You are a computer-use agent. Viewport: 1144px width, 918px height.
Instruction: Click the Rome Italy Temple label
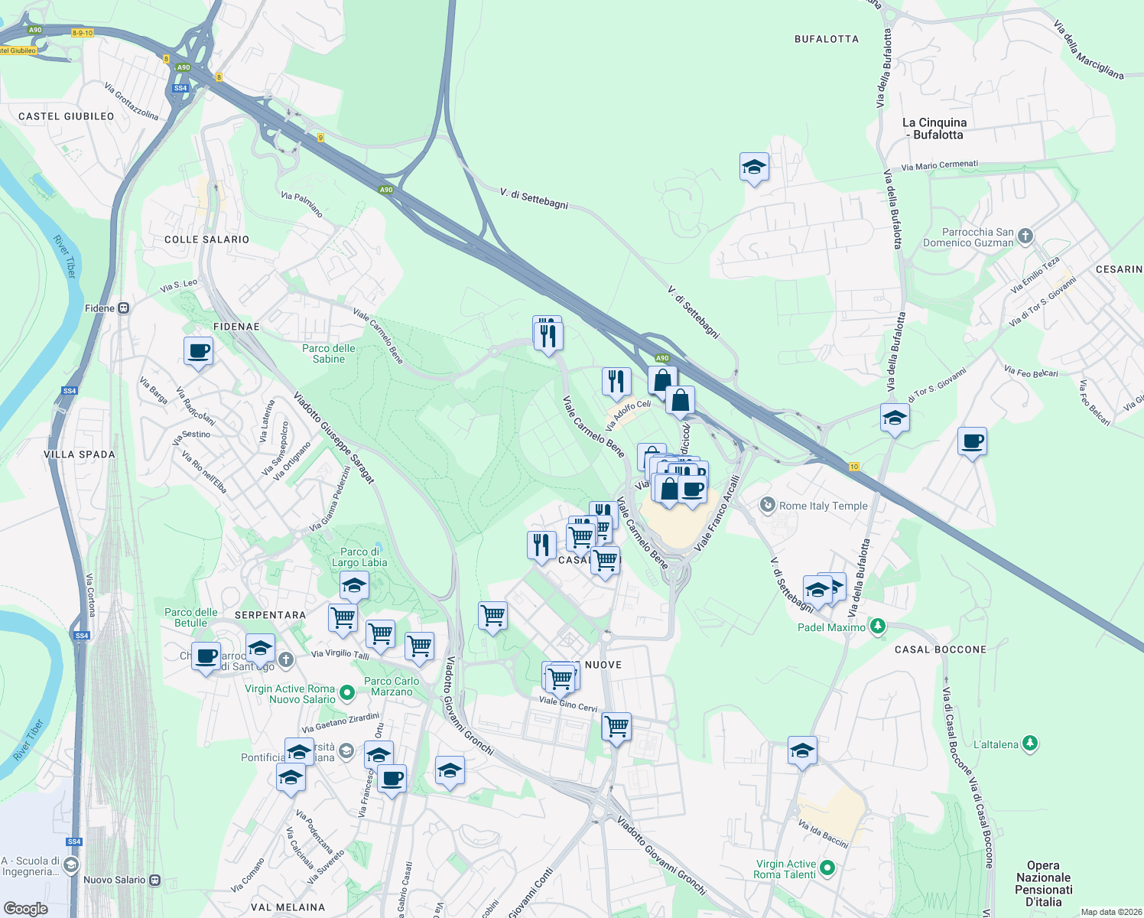[823, 506]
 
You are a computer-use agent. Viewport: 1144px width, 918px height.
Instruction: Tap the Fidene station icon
[123, 308]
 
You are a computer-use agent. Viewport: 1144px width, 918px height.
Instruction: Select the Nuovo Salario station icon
[154, 880]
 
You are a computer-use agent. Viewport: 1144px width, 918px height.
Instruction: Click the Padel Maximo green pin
[878, 627]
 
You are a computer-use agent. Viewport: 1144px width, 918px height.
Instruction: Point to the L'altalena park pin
[1030, 744]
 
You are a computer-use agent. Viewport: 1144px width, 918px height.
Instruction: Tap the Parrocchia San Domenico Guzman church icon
[1025, 236]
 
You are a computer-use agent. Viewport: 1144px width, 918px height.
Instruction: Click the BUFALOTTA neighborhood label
[826, 39]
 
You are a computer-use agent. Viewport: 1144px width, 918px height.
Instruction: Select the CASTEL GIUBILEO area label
[67, 117]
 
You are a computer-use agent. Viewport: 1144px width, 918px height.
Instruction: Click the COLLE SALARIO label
[206, 239]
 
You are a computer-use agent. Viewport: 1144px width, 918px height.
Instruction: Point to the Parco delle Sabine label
[329, 353]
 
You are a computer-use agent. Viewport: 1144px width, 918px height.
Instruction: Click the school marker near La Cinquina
[754, 168]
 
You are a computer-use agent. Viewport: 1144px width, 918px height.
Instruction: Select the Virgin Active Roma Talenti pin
[827, 868]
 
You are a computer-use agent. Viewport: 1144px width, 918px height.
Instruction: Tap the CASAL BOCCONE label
[941, 649]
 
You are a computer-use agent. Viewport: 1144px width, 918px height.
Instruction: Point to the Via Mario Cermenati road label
[939, 164]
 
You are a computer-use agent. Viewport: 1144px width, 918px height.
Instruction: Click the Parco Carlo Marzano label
[392, 686]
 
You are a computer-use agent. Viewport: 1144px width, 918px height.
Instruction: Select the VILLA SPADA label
[80, 454]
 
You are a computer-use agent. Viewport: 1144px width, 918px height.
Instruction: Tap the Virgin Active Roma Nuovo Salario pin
[346, 693]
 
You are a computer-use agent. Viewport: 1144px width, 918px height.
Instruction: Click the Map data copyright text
[1110, 912]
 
